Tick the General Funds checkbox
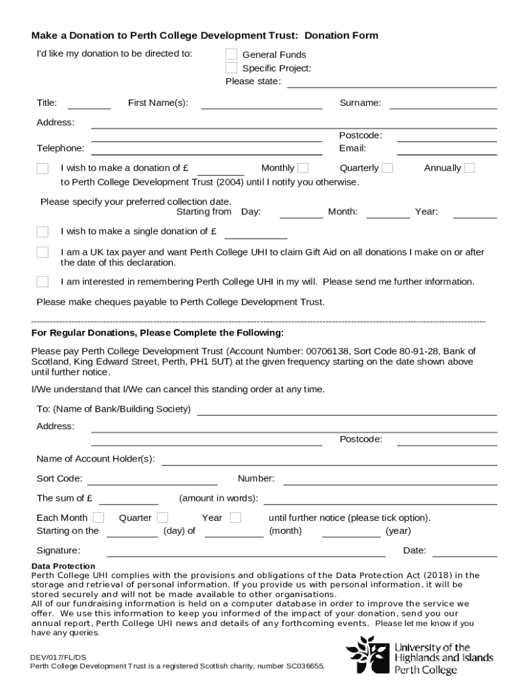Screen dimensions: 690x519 [231, 54]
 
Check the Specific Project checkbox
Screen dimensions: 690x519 [231, 67]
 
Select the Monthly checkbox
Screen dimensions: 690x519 [303, 168]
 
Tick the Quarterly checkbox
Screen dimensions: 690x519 [387, 168]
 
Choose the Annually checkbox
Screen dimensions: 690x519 [469, 168]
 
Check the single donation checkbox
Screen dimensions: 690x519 [42, 232]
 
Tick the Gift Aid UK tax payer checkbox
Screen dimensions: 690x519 [42, 252]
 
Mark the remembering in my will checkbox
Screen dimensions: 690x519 [42, 281]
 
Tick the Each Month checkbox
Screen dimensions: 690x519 [98, 517]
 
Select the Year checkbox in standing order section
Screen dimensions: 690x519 [235, 517]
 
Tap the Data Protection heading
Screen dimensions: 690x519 [63, 566]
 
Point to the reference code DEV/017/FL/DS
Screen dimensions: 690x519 [57, 657]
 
